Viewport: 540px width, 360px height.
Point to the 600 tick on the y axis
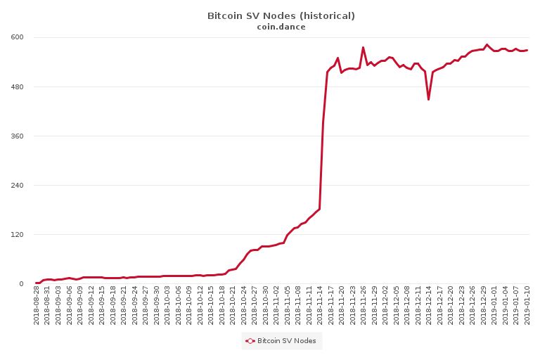(16, 37)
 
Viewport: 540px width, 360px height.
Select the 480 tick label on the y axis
(16, 86)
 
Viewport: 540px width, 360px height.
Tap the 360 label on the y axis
(16, 136)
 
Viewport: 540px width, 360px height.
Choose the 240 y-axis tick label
(16, 185)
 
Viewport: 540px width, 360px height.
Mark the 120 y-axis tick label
(16, 234)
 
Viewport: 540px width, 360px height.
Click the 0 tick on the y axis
(21, 283)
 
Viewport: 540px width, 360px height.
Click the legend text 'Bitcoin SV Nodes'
(286, 341)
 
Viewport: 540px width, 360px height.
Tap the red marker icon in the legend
(250, 341)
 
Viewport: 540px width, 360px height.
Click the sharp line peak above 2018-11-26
(363, 47)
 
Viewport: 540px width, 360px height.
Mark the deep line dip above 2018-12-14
(428, 100)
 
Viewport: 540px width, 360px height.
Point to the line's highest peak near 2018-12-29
(487, 44)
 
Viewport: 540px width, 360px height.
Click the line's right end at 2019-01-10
(527, 50)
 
